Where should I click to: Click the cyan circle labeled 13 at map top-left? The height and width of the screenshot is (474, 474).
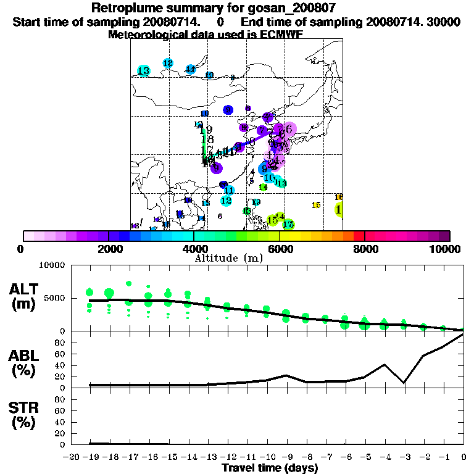pos(144,72)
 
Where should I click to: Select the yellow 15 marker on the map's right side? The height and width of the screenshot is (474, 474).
pos(316,206)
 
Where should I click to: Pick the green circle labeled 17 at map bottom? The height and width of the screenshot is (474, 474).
pos(288,224)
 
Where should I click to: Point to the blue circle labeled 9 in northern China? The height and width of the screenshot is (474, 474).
pos(228,110)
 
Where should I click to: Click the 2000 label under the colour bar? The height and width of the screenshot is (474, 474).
pos(109,249)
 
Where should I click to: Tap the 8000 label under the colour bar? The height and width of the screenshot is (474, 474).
pos(365,249)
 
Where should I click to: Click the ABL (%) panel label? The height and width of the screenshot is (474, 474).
pos(27,364)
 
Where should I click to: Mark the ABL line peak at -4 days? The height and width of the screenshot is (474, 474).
pos(384,365)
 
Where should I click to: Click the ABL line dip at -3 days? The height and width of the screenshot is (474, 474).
pos(404,383)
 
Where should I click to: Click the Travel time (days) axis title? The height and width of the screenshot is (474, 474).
pos(270,468)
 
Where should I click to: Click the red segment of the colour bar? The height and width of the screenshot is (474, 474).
pos(359,236)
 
